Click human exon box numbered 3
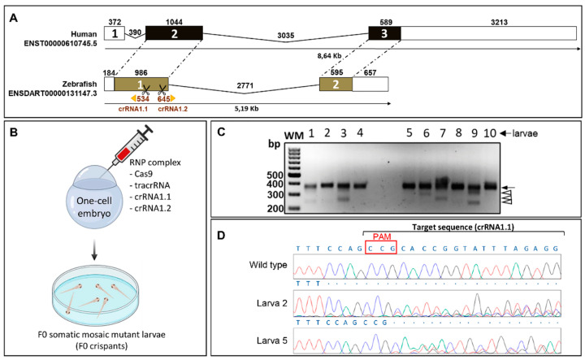point(384,33)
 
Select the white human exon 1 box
point(115,33)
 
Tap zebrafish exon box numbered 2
point(336,84)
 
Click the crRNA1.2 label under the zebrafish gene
point(173,109)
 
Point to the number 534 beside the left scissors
point(143,99)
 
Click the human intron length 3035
point(286,36)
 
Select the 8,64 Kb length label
point(329,56)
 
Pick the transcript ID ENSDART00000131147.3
point(53,93)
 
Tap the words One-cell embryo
point(94,207)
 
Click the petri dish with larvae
point(94,297)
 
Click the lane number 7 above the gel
point(443,132)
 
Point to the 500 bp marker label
point(275,176)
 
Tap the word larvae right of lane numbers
point(525,133)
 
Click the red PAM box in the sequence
point(380,247)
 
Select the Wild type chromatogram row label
point(268,265)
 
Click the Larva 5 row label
point(272,340)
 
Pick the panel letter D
point(221,236)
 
